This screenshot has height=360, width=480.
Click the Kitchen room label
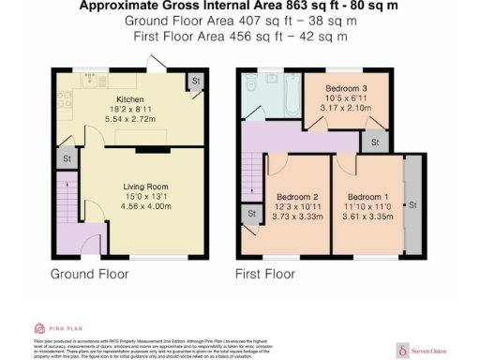(129, 98)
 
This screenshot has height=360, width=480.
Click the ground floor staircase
(68, 202)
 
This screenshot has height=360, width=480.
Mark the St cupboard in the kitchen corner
(195, 82)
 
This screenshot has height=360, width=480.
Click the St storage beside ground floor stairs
(67, 159)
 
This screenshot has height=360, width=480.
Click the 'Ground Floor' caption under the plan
(89, 274)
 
